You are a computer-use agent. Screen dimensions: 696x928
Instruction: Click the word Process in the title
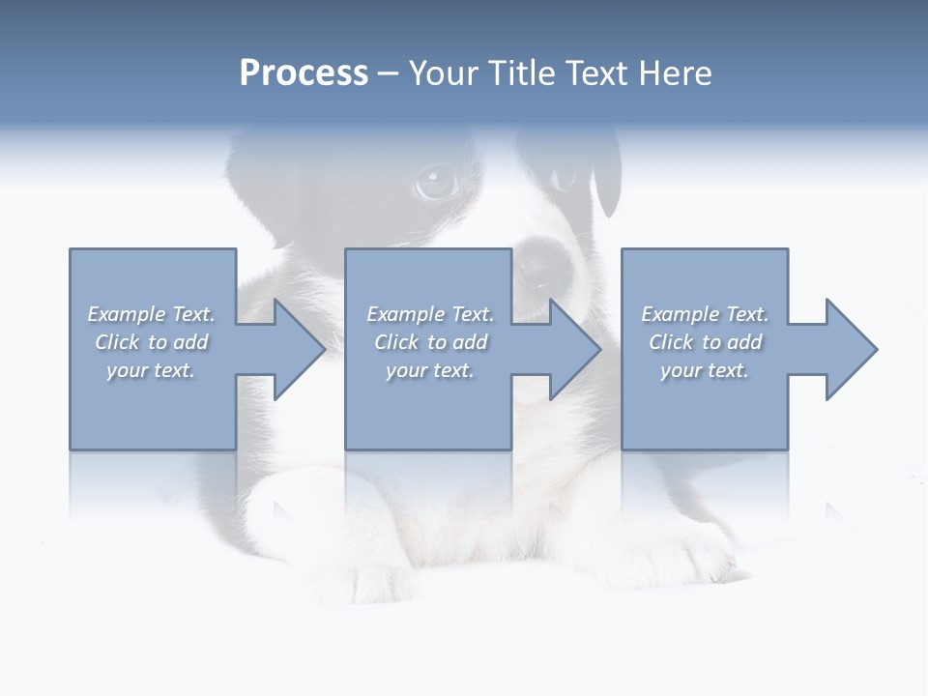304,73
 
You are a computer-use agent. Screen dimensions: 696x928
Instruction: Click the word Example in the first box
126,314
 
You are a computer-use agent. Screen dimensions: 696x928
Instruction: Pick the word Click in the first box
116,342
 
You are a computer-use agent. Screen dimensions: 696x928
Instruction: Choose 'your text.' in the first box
151,370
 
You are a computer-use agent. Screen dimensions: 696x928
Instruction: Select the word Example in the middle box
405,314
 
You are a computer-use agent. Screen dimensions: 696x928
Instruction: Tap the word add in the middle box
470,342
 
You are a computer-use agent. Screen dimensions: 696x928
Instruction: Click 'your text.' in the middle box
429,370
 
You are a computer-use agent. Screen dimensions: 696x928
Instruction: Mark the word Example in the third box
680,314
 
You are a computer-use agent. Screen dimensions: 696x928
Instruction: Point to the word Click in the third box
671,342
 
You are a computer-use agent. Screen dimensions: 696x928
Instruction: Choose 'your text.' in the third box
705,370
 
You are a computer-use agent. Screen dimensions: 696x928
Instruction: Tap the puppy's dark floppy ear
606,174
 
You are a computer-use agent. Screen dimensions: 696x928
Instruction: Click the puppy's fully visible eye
436,183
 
